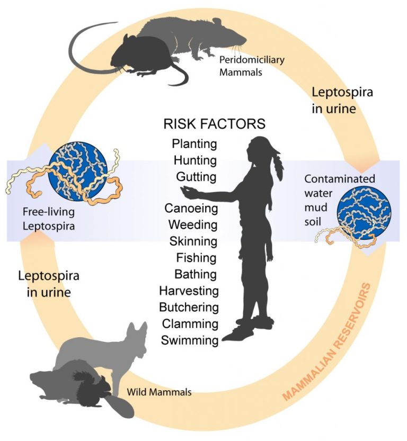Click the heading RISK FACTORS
pyautogui.click(x=214, y=124)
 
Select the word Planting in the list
pyautogui.click(x=194, y=143)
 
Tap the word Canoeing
pyautogui.click(x=191, y=208)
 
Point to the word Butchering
pyautogui.click(x=189, y=307)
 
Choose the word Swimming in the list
pyautogui.click(x=190, y=340)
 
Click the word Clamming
pyautogui.click(x=190, y=323)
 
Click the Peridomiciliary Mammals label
pyautogui.click(x=252, y=66)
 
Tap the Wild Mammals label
pyautogui.click(x=159, y=392)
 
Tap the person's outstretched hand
pyautogui.click(x=185, y=189)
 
